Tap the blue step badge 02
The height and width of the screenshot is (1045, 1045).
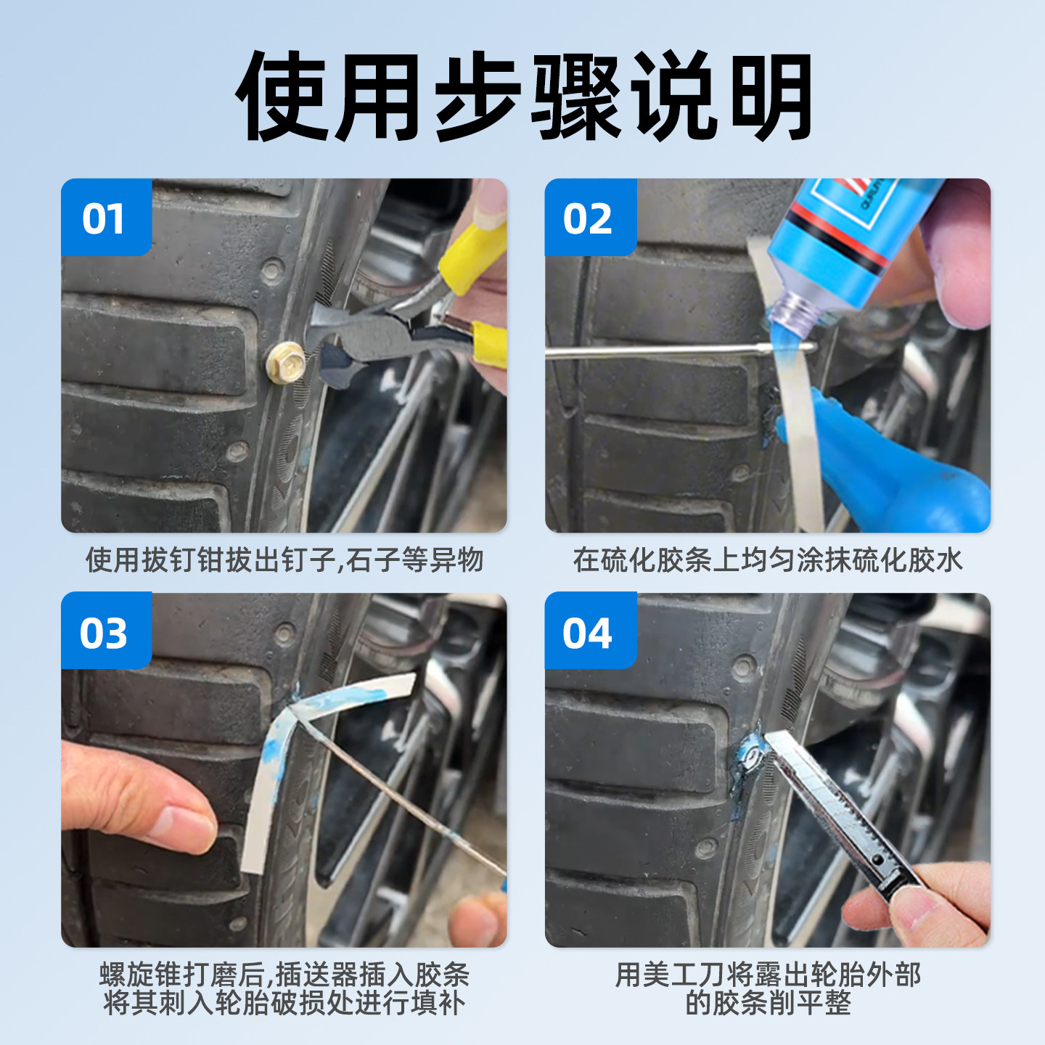tap(589, 218)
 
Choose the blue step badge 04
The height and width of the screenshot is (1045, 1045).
tap(589, 632)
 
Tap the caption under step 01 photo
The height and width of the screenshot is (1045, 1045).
tap(284, 560)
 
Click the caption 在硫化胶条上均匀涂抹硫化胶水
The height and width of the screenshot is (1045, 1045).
tap(768, 560)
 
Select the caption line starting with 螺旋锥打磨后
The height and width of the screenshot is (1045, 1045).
tap(284, 975)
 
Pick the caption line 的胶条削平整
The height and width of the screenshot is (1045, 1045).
tap(768, 1004)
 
